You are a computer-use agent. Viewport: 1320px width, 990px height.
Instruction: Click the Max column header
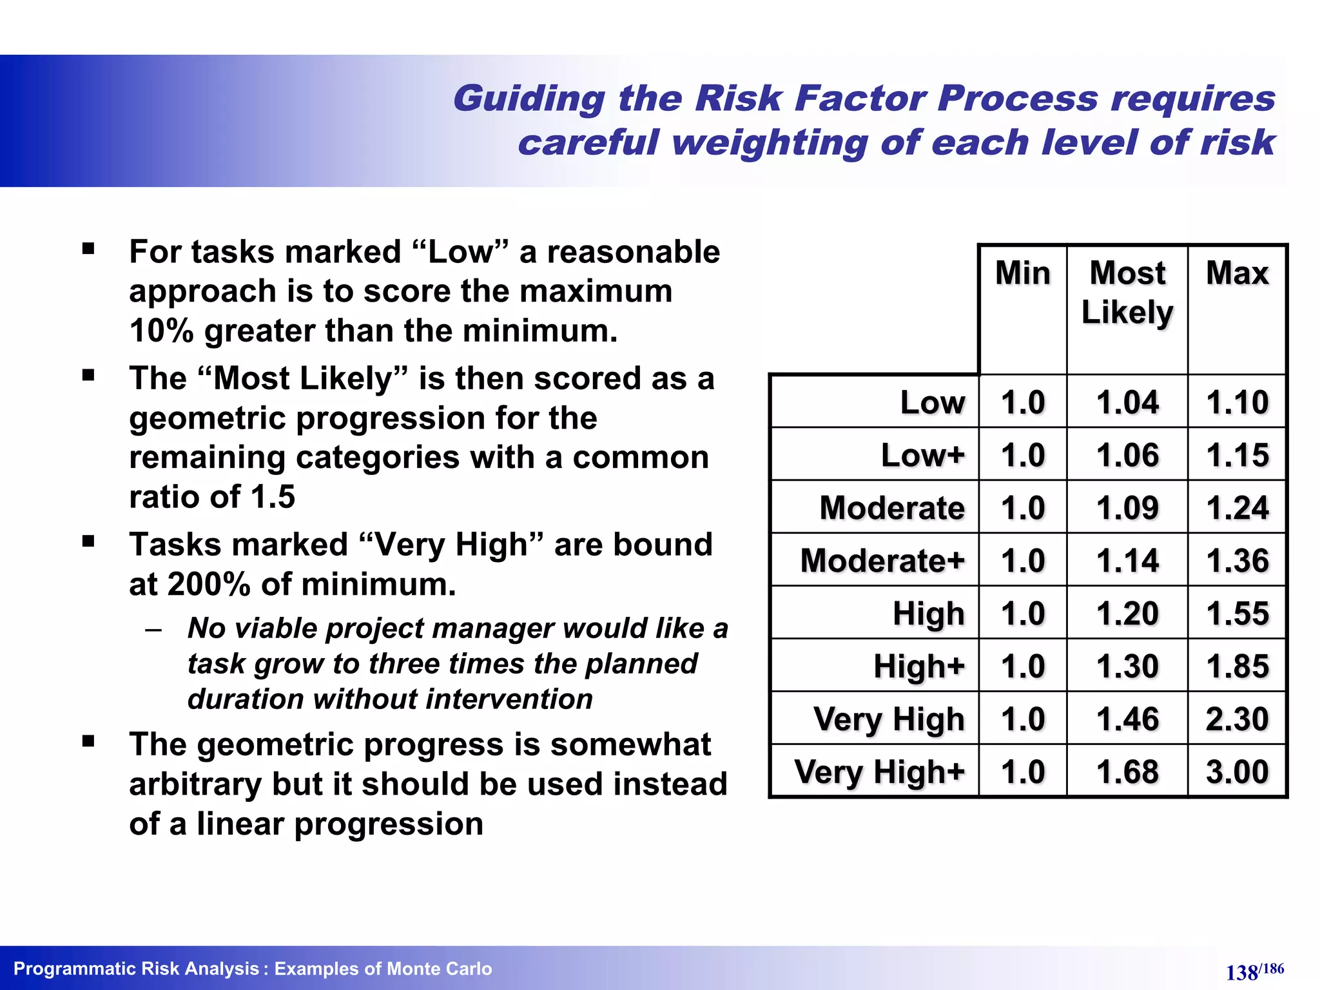pos(1237,273)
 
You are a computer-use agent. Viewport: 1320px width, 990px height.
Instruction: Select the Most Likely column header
pos(1127,293)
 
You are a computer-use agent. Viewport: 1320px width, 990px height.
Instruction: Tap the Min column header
pos(1022,273)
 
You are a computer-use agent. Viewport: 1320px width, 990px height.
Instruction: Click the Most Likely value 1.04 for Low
pos(1127,403)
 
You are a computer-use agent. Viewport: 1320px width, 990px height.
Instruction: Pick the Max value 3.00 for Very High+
pos(1237,772)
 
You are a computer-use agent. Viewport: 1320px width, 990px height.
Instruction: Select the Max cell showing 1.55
pos(1237,614)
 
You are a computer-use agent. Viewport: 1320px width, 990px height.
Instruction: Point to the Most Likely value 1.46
pos(1127,719)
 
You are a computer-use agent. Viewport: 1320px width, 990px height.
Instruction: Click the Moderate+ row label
pos(882,561)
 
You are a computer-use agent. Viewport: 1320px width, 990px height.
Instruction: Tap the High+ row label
pos(919,666)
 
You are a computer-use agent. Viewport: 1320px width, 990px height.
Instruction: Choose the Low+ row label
pos(923,456)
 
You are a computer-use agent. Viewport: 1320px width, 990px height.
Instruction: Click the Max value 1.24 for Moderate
pos(1237,509)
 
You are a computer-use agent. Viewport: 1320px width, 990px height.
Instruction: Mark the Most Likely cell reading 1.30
pos(1127,666)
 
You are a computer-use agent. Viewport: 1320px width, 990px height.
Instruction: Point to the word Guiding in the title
pos(529,99)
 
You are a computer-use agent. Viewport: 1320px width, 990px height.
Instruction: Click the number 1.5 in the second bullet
pos(273,497)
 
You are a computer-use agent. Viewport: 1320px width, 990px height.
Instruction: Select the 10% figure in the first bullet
pos(161,331)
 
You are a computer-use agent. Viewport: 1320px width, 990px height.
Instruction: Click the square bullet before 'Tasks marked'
pos(88,541)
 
